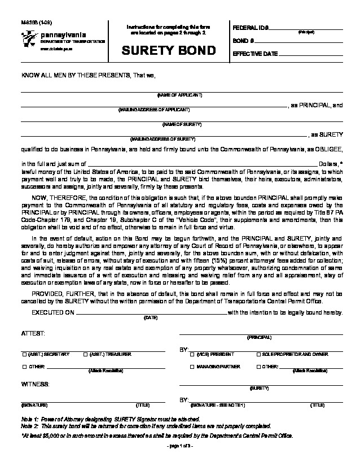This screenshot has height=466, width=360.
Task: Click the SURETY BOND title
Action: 169,51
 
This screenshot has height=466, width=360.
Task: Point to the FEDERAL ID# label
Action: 251,28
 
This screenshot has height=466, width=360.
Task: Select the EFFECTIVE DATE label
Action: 255,54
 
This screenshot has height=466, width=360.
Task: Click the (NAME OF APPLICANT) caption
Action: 179,95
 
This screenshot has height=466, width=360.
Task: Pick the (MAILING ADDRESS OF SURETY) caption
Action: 163,138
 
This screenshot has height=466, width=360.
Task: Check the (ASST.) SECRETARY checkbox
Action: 24,354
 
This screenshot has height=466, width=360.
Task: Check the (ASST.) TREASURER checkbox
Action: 85,354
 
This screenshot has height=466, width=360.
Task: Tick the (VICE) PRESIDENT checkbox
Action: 192,354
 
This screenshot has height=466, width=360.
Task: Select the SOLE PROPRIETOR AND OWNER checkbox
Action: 258,354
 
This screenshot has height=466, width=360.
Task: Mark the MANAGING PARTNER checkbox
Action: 192,367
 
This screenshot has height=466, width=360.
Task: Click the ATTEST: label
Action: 29,334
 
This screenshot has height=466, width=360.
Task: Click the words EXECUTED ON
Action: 52,312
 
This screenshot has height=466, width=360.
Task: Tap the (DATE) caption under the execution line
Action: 151,318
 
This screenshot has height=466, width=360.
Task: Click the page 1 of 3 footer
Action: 180,446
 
